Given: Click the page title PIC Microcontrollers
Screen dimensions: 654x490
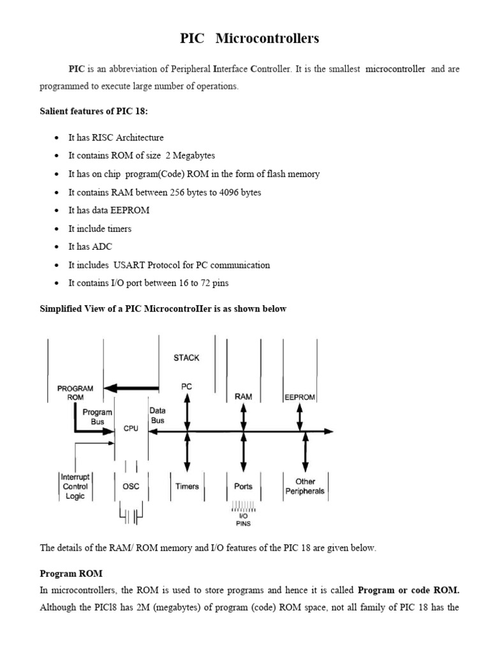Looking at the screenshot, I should coord(249,39).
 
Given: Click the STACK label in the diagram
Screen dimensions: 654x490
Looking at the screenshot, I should coord(186,358).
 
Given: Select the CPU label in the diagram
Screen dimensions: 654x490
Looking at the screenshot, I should coord(131,429).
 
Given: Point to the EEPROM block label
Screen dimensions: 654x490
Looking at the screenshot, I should coord(300,397).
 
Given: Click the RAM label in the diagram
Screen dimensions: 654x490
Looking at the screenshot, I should coord(243,397).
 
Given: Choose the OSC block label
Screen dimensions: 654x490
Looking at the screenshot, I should coord(130,486).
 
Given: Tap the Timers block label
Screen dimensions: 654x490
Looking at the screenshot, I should coord(187,486).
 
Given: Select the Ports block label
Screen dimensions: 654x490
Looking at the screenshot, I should coord(243,486).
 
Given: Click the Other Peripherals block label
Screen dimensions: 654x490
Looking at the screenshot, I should coord(306,486).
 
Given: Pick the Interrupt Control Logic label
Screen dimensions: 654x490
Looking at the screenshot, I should coord(75,486).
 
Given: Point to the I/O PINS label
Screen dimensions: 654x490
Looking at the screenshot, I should coord(243,520).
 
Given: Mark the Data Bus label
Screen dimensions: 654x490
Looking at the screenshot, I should coord(157,415).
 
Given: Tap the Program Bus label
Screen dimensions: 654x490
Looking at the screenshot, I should coord(98,417).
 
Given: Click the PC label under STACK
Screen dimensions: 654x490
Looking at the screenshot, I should coord(186,386).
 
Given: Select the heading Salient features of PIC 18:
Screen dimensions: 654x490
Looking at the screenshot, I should coord(94,112).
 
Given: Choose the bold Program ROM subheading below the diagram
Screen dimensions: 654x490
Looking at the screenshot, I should coord(71,574).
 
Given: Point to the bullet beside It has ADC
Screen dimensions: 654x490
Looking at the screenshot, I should coord(57,247).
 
